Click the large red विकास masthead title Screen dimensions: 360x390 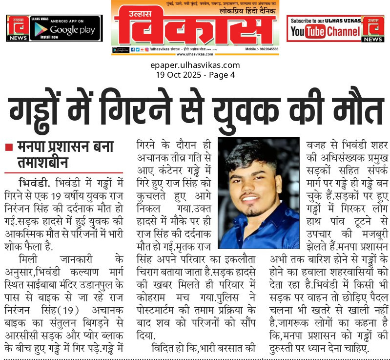pyautogui.click(x=195, y=27)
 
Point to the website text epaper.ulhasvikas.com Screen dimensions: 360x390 pyautogui.click(x=195, y=65)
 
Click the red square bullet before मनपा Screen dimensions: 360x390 pyautogui.click(x=8, y=147)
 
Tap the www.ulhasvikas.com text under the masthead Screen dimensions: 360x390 pyautogui.click(x=195, y=54)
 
